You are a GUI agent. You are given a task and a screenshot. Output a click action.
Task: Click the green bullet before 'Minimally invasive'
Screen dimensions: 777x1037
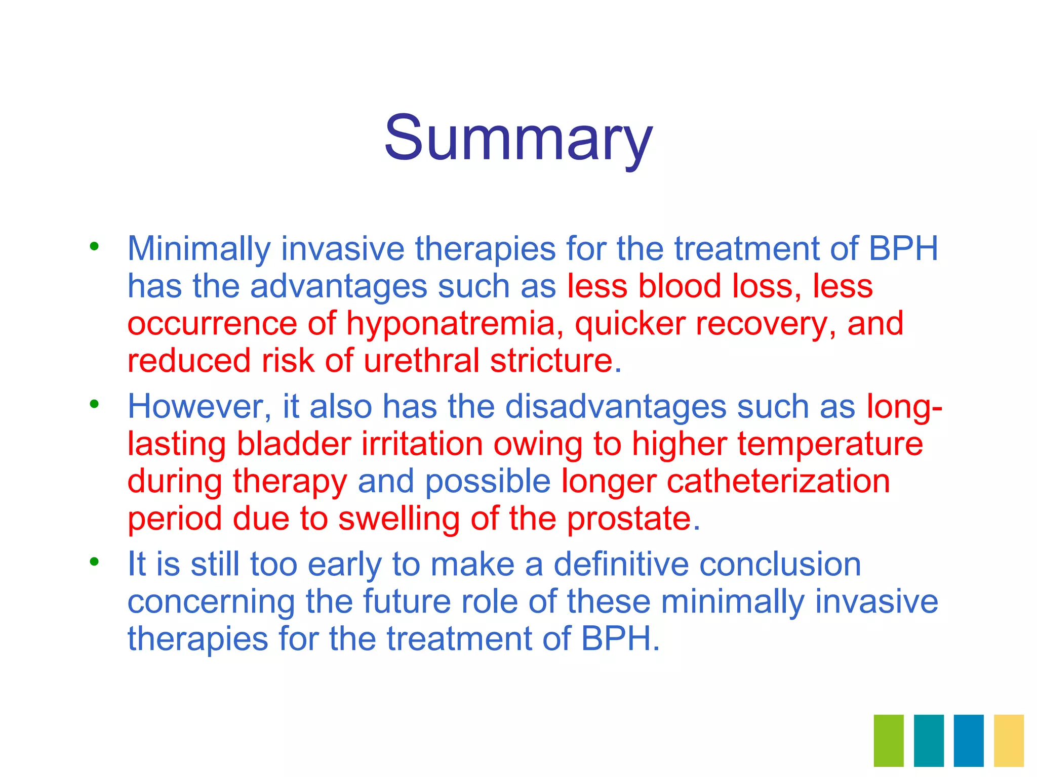[94, 247]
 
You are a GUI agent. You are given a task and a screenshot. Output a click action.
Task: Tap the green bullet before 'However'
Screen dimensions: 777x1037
[94, 404]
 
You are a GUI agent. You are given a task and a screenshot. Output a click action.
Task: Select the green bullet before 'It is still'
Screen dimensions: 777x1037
[94, 562]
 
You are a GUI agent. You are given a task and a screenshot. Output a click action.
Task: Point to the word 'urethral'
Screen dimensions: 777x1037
[421, 361]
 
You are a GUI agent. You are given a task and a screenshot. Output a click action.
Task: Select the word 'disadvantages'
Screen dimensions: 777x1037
[616, 406]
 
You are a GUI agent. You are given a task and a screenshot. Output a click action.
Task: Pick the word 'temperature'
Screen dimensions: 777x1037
[830, 444]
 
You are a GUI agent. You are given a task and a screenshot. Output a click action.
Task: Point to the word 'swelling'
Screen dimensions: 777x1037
[398, 519]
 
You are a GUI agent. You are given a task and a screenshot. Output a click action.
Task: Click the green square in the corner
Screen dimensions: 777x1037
[889, 740]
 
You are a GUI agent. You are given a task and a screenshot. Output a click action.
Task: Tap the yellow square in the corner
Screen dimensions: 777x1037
[1009, 740]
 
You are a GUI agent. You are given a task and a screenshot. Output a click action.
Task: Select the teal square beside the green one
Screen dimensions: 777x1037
[929, 740]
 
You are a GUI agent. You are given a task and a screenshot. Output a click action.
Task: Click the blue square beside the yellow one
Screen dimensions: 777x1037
[969, 740]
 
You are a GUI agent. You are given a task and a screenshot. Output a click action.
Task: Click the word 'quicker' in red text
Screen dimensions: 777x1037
[630, 324]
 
